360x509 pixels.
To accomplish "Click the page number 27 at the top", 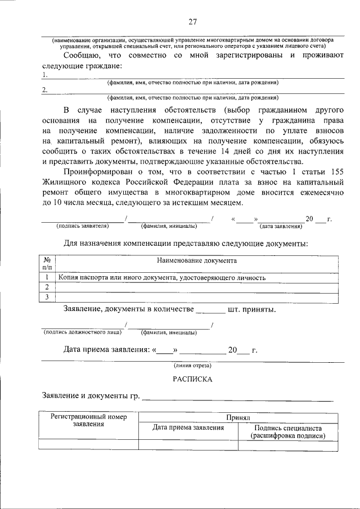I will coord(192,22).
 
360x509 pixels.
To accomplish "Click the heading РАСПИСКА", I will coord(192,379).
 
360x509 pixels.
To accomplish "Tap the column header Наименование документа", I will coord(197,261).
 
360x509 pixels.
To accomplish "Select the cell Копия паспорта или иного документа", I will coord(162,278).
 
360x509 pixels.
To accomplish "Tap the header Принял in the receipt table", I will coord(238,418).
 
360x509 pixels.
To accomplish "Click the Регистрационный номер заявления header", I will coord(88,421).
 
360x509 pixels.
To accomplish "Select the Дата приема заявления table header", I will coord(188,428).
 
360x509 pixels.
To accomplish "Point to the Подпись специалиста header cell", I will coord(288,431).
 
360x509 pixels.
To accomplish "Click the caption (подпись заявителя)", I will coord(82,226).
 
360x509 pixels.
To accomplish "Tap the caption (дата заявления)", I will coord(280,226).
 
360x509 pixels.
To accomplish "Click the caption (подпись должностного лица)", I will coord(83,332).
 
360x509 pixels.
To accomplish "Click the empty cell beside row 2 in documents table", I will coord(197,287).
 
